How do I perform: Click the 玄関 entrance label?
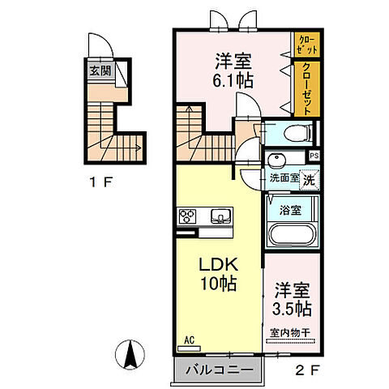pos(100,71)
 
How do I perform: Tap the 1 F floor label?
pos(100,182)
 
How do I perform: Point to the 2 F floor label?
pos(307,370)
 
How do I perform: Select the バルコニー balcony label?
pos(219,370)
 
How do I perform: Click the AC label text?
pos(189,340)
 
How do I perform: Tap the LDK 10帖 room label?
pos(218,274)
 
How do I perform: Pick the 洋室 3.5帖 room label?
pos(292,299)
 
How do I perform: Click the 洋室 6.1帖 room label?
pos(233,71)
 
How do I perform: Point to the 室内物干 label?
pos(290,333)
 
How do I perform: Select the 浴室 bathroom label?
pos(291,210)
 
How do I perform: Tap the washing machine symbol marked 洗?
pos(310,179)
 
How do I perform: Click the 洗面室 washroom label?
pos(284,178)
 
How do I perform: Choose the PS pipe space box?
pos(314,156)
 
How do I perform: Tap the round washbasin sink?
pos(276,160)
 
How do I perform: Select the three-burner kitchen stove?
pos(187,216)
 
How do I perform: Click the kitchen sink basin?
pos(221,216)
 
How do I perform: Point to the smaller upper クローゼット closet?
pos(307,45)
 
